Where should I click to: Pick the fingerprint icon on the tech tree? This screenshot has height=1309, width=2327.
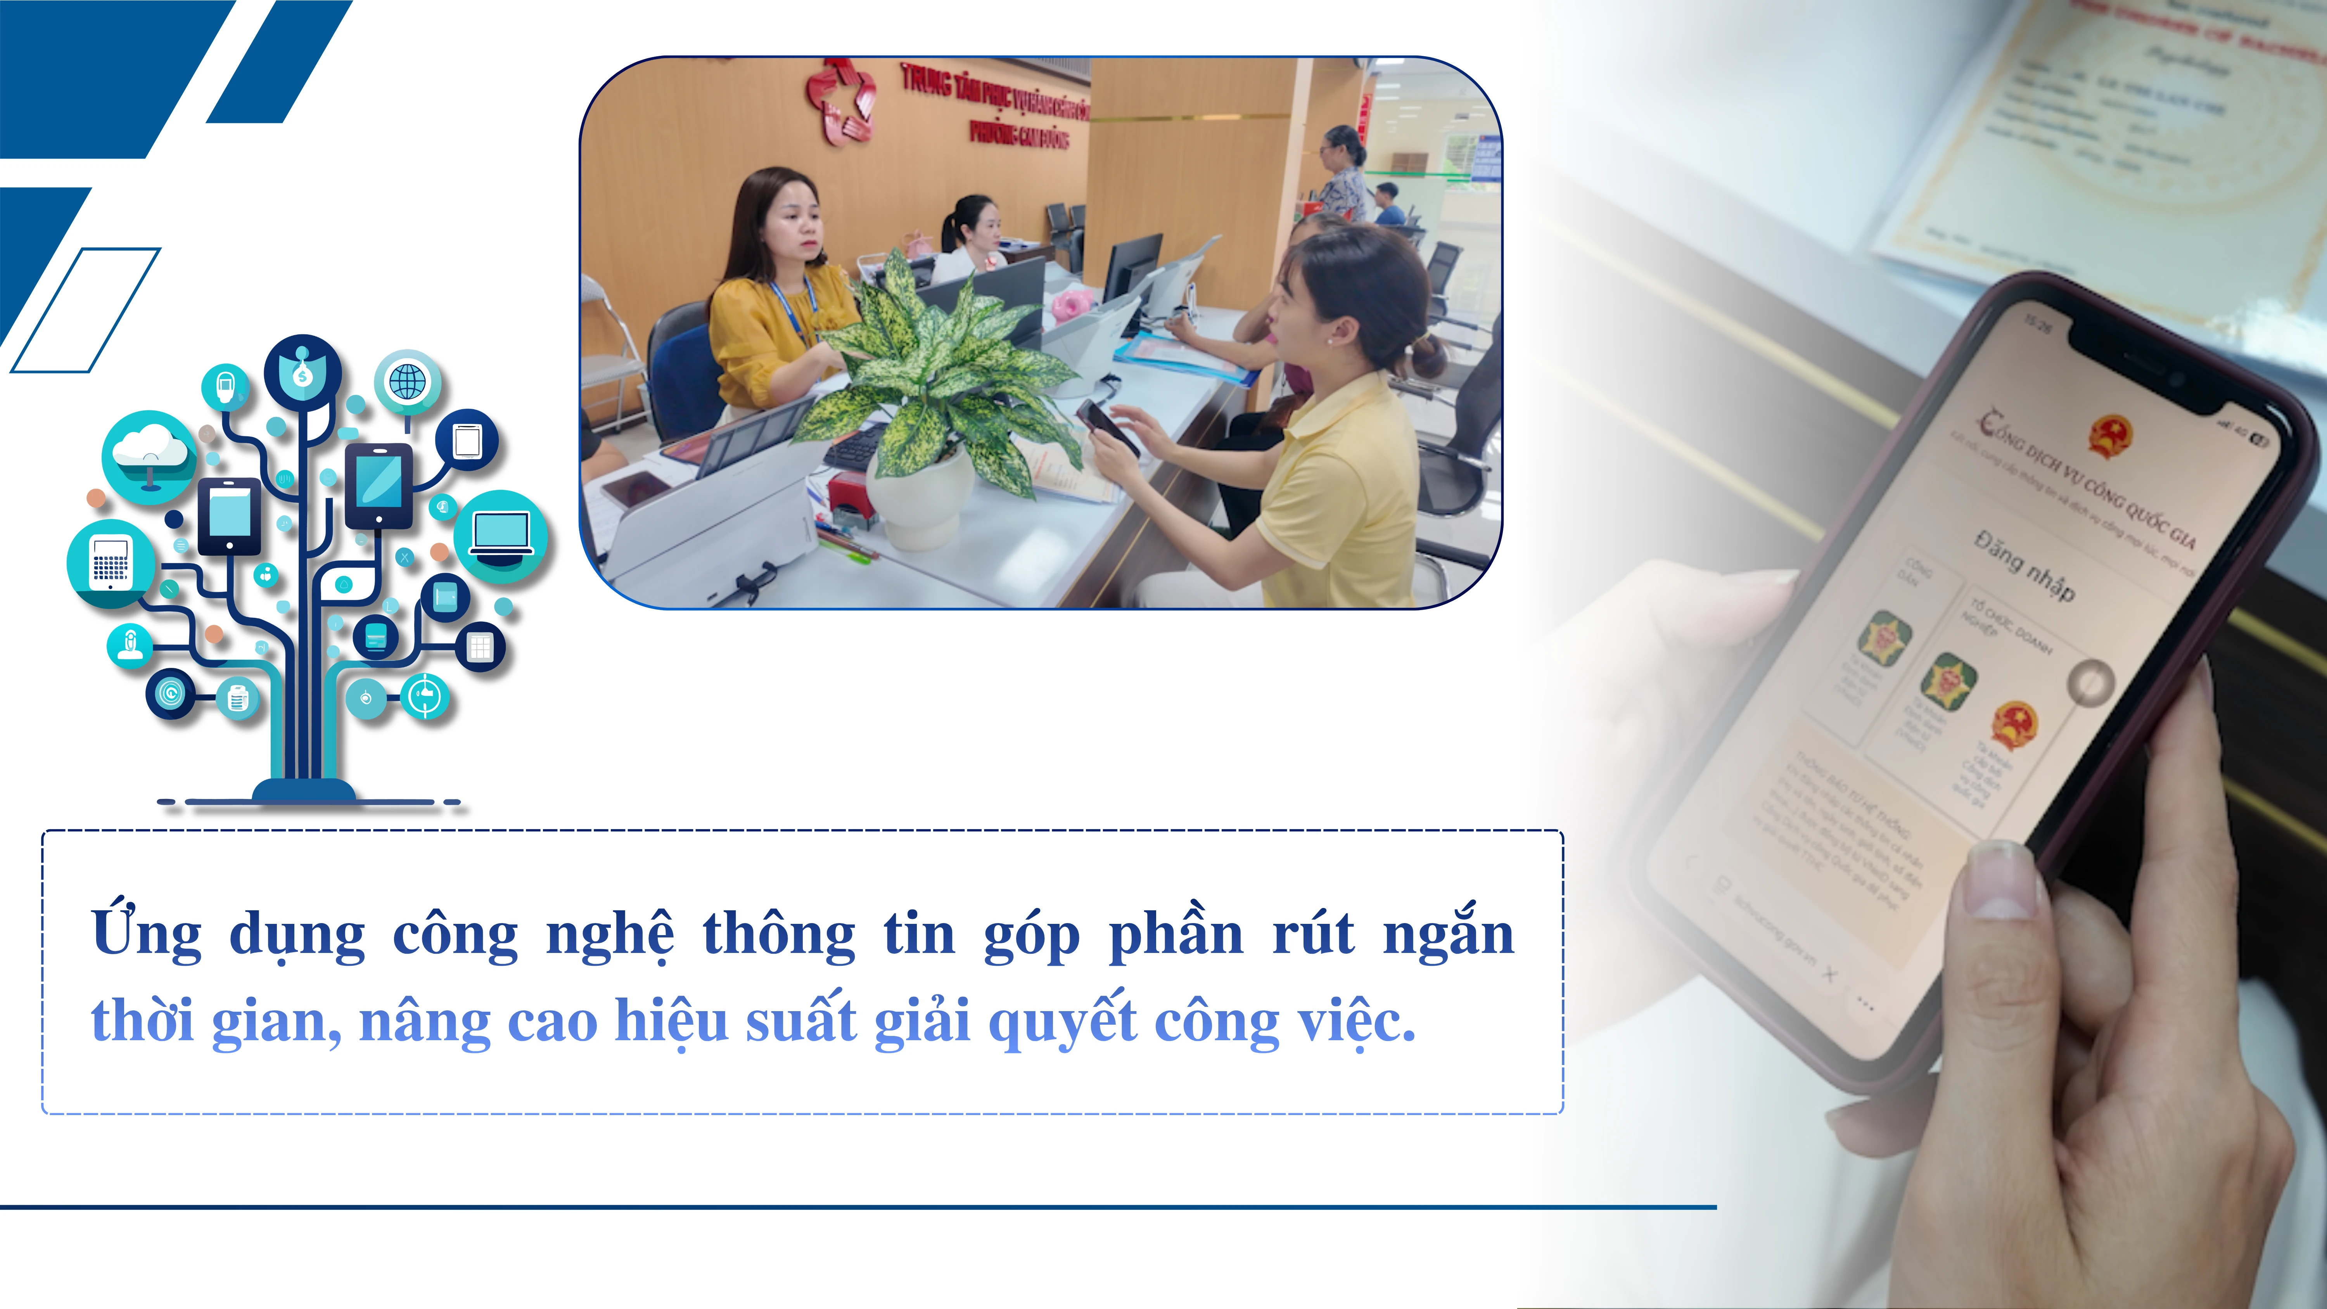point(170,694)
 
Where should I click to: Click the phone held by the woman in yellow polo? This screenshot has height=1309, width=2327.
point(1108,427)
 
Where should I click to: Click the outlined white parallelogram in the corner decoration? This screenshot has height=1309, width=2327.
point(86,310)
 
